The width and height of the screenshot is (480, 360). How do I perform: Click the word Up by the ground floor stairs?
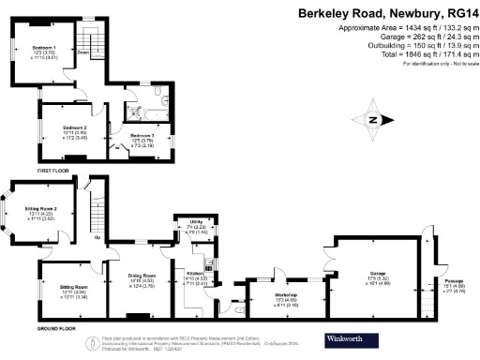pyautogui.click(x=97, y=237)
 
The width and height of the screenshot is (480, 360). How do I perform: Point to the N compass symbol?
pyautogui.click(x=374, y=120)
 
